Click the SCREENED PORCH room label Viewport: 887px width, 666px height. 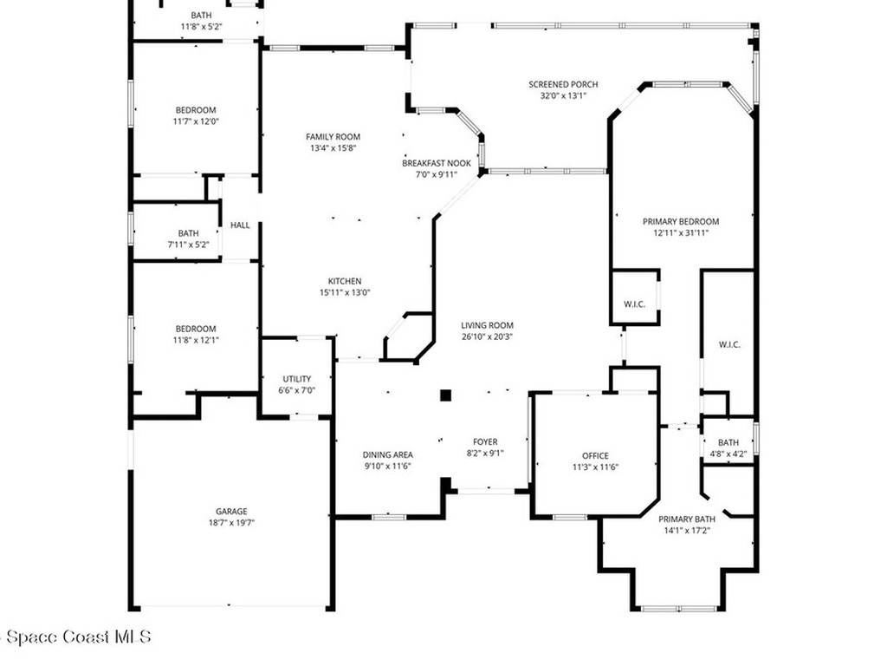[563, 84]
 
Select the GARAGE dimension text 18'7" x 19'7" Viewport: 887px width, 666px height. [231, 522]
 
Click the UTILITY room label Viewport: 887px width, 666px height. [296, 379]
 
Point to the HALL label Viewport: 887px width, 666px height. [240, 225]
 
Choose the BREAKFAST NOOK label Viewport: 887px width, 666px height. [436, 163]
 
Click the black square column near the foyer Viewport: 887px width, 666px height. [445, 395]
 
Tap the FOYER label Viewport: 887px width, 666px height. [484, 441]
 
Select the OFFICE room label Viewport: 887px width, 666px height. [595, 455]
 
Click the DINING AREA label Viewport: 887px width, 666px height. [387, 454]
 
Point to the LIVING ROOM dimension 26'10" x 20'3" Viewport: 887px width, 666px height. [487, 336]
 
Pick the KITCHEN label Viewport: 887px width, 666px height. [344, 281]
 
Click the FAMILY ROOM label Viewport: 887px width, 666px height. [333, 137]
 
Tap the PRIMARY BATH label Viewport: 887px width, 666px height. [686, 519]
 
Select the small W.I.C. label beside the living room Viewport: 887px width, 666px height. [635, 304]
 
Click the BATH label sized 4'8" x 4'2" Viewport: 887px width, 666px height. [728, 442]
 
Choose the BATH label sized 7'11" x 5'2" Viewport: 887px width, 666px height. [188, 233]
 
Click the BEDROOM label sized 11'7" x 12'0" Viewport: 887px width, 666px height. [196, 110]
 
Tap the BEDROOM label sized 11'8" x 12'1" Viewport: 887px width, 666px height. [196, 329]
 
